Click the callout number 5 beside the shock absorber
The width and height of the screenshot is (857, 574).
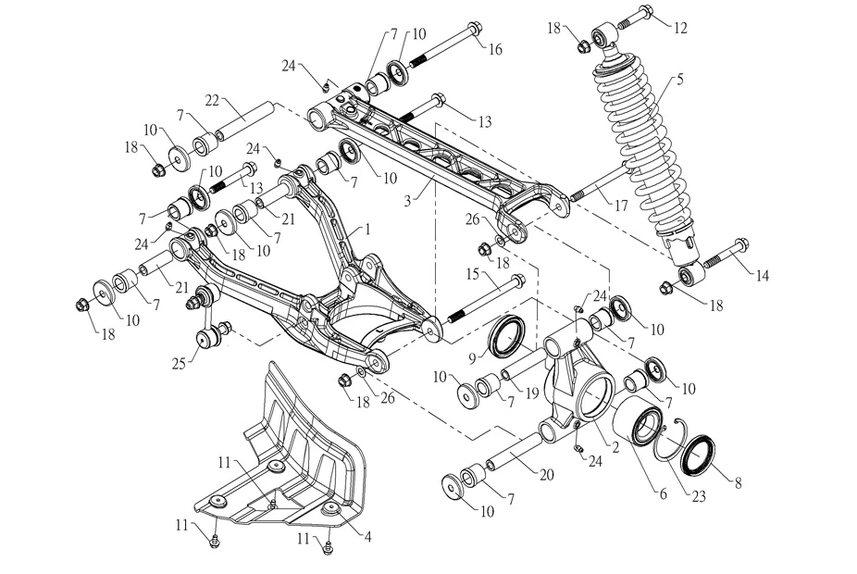[x=680, y=80]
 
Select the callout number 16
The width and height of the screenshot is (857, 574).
[x=495, y=49]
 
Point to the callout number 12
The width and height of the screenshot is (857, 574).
[x=680, y=28]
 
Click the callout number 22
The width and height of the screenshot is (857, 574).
[x=211, y=99]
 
